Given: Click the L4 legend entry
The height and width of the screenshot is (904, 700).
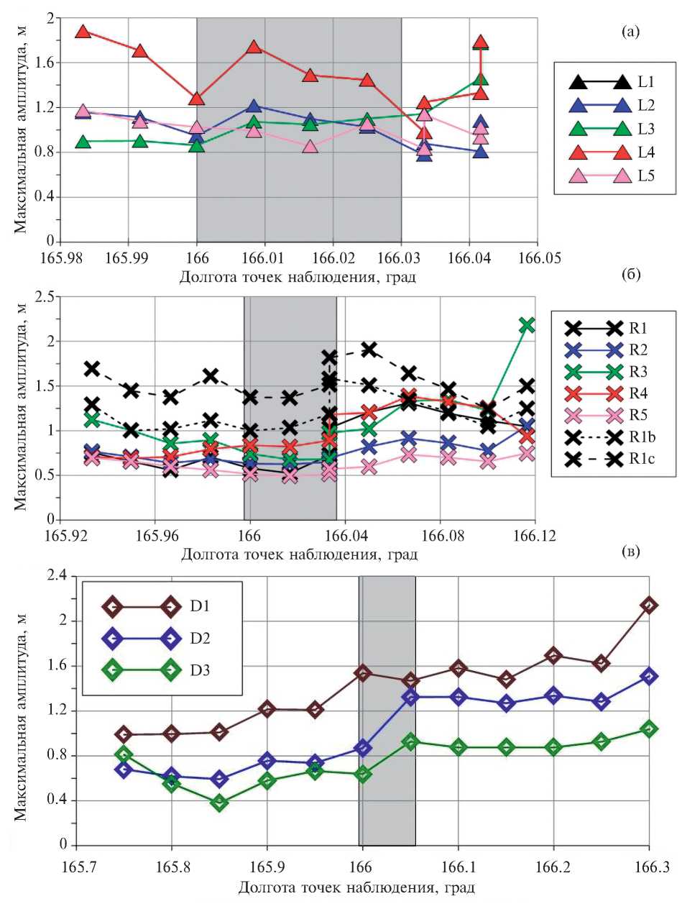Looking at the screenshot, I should pos(614,152).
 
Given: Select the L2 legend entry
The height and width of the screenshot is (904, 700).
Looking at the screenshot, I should pos(614,106).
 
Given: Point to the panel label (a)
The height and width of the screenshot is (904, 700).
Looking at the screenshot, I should pos(630,31).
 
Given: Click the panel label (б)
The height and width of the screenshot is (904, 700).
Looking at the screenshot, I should pos(630,274).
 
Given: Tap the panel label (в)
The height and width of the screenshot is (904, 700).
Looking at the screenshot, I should pos(630,552).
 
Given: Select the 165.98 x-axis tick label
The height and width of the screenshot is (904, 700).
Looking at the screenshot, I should pos(60,257).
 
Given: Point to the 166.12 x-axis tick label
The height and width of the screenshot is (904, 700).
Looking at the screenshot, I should pos(534,536).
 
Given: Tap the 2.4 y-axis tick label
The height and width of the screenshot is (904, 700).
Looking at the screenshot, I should pos(56,575).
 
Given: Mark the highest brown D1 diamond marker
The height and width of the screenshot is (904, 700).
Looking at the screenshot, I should pos(649,606).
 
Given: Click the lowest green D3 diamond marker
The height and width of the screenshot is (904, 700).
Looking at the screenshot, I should pos(219,803).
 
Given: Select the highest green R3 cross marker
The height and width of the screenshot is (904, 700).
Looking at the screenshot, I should pos(527,325).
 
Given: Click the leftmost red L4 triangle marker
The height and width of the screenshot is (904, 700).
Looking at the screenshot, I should pos(83,32).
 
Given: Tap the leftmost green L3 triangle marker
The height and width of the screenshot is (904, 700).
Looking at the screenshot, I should pos(83,142).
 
